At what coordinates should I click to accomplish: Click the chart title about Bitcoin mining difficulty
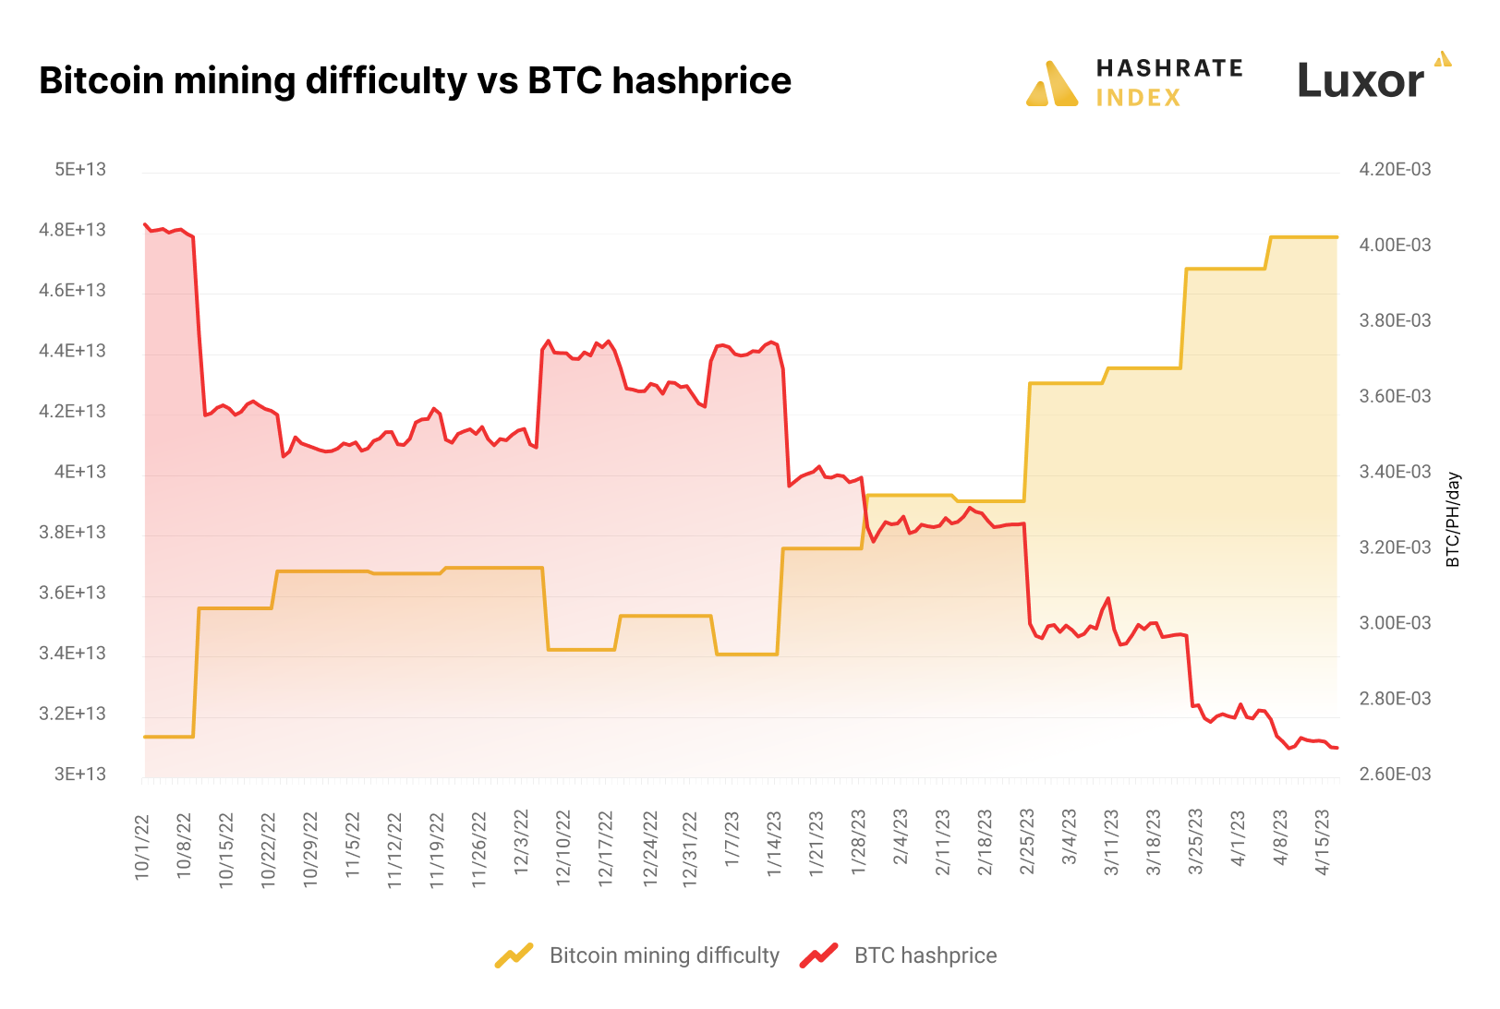[x=415, y=81]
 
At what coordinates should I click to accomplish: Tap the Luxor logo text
[x=1360, y=81]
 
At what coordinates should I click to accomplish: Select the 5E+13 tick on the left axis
[x=80, y=170]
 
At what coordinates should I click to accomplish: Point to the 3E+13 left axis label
[x=80, y=775]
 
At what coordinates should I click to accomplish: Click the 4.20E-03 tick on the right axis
[x=1395, y=170]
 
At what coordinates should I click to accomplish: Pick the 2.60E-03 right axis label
[x=1395, y=775]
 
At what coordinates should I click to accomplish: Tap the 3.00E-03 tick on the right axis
[x=1395, y=623]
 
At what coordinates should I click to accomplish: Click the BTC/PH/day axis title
[x=1454, y=520]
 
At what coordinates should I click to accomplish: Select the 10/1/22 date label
[x=142, y=846]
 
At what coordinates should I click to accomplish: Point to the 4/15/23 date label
[x=1323, y=842]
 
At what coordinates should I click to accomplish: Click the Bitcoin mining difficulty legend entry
[x=664, y=955]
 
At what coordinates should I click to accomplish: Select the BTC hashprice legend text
[x=925, y=955]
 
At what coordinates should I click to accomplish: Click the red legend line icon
[x=818, y=955]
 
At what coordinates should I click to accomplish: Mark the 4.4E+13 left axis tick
[x=73, y=351]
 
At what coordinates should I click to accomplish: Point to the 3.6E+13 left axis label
[x=73, y=593]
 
